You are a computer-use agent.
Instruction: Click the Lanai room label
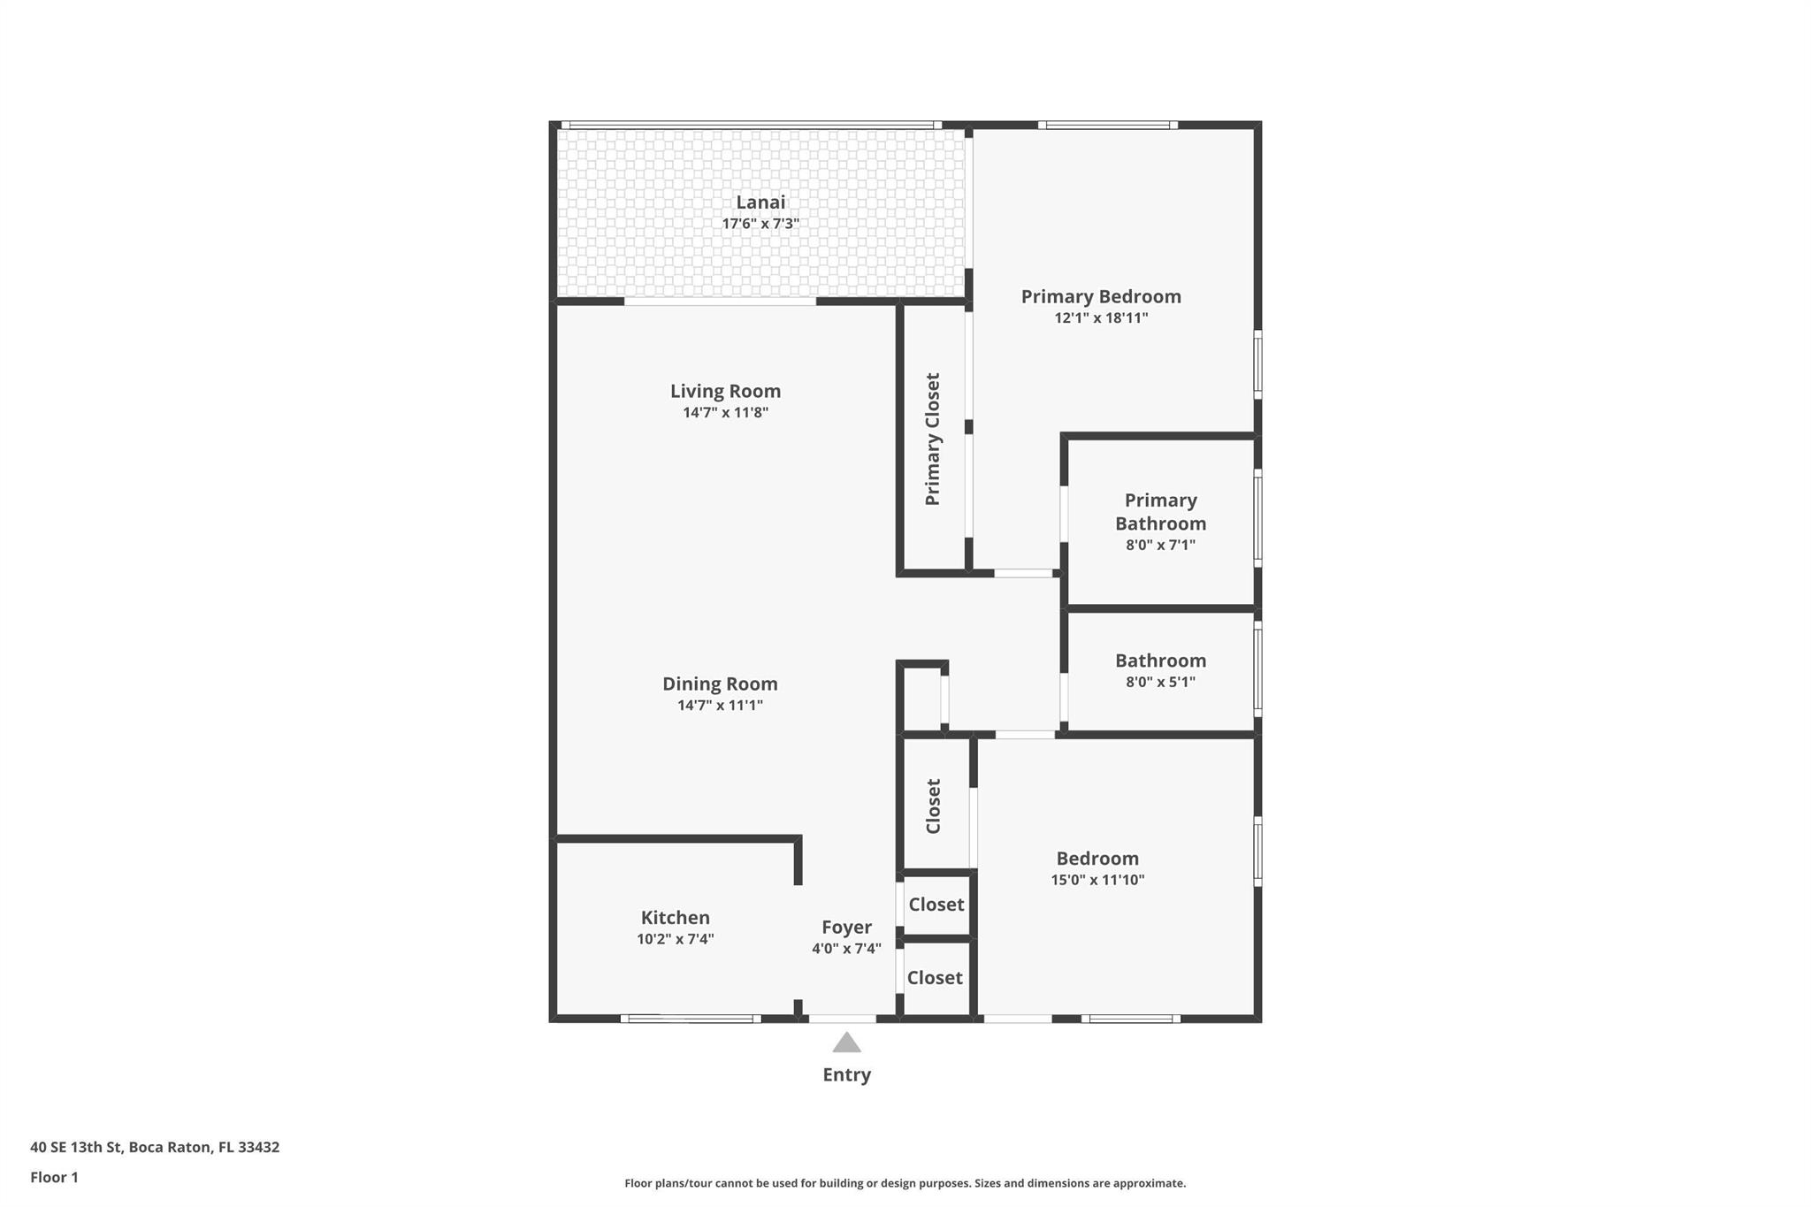point(760,202)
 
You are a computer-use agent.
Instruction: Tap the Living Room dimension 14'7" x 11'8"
point(725,413)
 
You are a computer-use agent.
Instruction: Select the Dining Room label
point(720,684)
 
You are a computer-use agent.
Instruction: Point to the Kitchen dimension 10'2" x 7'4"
point(675,939)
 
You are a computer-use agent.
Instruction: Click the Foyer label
point(846,927)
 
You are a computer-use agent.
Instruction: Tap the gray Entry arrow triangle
point(846,1043)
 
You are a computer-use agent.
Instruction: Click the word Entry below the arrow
point(846,1074)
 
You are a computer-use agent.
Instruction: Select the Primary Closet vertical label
point(932,439)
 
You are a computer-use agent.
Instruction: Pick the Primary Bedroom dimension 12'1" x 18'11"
point(1101,318)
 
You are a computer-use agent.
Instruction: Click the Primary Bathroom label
point(1160,512)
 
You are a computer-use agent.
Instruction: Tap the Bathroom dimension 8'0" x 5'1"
point(1160,682)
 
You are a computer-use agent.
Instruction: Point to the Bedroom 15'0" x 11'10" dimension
point(1097,880)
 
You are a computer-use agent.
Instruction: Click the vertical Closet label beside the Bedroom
point(933,806)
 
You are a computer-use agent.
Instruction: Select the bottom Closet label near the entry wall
point(935,977)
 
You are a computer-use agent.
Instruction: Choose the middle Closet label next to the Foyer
point(936,905)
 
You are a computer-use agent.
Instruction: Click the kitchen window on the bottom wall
point(690,1019)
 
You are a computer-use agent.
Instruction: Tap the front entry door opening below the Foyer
point(843,1019)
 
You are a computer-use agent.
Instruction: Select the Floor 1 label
point(54,1177)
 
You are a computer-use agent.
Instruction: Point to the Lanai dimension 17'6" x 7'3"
point(760,224)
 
